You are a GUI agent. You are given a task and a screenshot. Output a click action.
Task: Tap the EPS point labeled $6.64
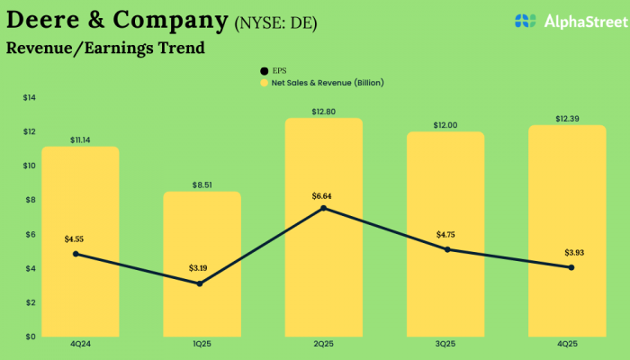click(323, 209)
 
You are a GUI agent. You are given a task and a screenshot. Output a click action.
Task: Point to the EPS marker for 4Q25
click(571, 267)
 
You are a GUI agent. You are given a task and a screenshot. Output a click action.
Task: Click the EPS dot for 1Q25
click(200, 283)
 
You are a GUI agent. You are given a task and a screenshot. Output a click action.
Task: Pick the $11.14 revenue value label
click(80, 139)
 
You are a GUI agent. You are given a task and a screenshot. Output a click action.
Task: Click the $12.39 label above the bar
click(568, 119)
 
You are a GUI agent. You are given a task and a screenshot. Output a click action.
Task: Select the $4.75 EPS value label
click(446, 235)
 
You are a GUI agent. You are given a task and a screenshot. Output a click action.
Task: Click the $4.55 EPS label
click(75, 239)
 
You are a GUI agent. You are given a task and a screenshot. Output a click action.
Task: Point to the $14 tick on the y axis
click(29, 97)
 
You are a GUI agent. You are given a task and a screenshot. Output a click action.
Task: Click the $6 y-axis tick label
click(30, 234)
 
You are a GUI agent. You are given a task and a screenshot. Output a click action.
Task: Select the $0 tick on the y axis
click(30, 337)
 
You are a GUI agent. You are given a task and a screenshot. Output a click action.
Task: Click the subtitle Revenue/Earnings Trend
click(105, 49)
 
